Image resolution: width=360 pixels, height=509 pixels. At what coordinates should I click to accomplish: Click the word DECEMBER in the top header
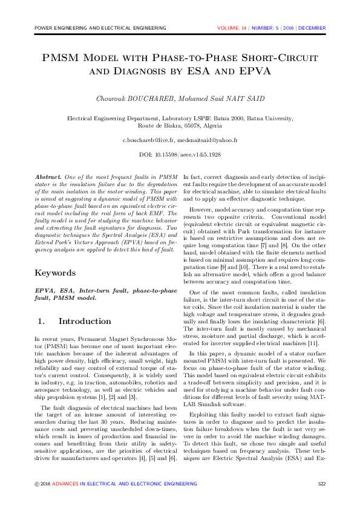312,28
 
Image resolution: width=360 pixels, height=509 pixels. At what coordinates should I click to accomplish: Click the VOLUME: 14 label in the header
232,28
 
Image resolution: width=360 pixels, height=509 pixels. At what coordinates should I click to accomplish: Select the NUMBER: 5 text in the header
266,28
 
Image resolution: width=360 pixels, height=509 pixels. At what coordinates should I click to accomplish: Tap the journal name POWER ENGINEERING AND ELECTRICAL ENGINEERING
100,28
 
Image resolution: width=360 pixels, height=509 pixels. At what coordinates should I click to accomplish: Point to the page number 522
321,484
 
